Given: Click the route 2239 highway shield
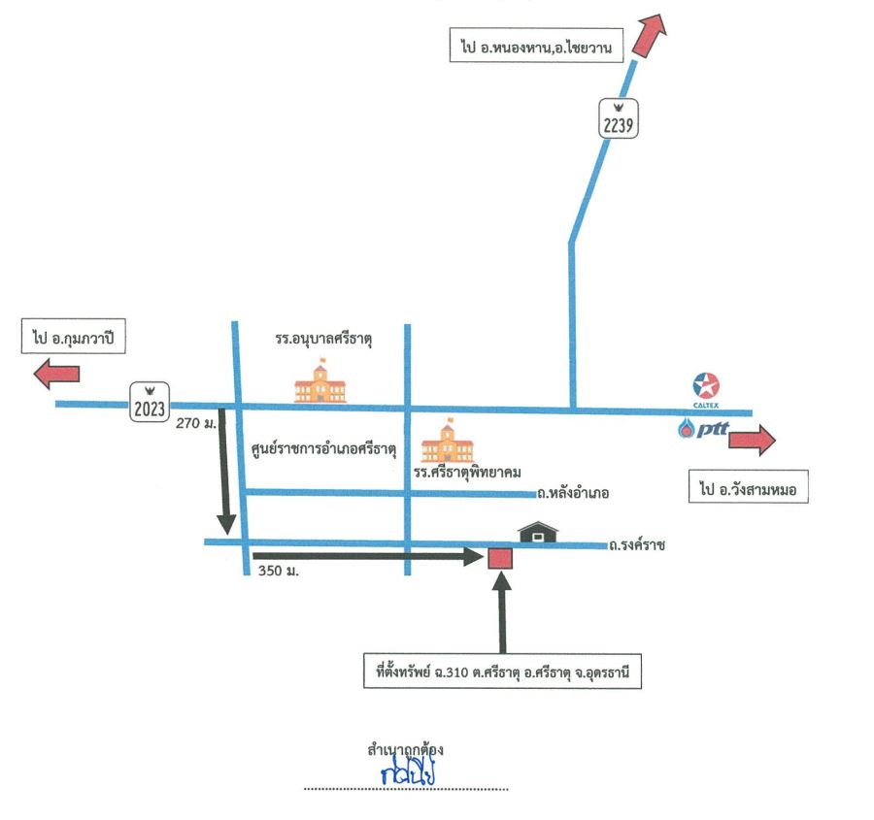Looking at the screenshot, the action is (619, 118).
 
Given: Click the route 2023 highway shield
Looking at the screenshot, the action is (150, 402).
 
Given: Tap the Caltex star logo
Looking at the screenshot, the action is (706, 385).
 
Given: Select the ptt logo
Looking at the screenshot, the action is (703, 428).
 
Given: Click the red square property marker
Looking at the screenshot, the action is (500, 558).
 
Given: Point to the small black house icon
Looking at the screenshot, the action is (538, 532).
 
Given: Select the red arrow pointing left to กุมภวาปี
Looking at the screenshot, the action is (57, 374).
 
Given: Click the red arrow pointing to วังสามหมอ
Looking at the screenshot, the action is (752, 440).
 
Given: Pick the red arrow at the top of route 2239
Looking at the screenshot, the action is (651, 35).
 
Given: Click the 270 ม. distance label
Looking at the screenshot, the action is (195, 423).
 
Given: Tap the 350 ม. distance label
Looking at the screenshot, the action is (278, 571).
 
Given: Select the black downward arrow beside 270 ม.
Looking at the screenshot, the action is (224, 472).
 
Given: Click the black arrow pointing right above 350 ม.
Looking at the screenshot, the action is (368, 556).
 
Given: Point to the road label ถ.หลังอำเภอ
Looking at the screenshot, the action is (573, 493).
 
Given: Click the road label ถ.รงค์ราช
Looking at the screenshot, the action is (636, 544).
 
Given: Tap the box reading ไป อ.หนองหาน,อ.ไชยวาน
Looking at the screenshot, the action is (536, 45).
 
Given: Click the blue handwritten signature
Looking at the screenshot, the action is (408, 771).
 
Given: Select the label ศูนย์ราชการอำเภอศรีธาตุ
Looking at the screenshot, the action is (323, 449).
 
